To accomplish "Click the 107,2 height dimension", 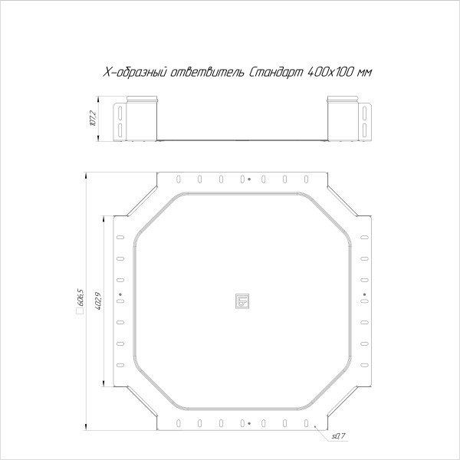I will tap(92, 120).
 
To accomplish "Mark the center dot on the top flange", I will tap(249, 180).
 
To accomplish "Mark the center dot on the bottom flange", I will tap(249, 422).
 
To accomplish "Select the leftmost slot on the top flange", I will tap(179, 180).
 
